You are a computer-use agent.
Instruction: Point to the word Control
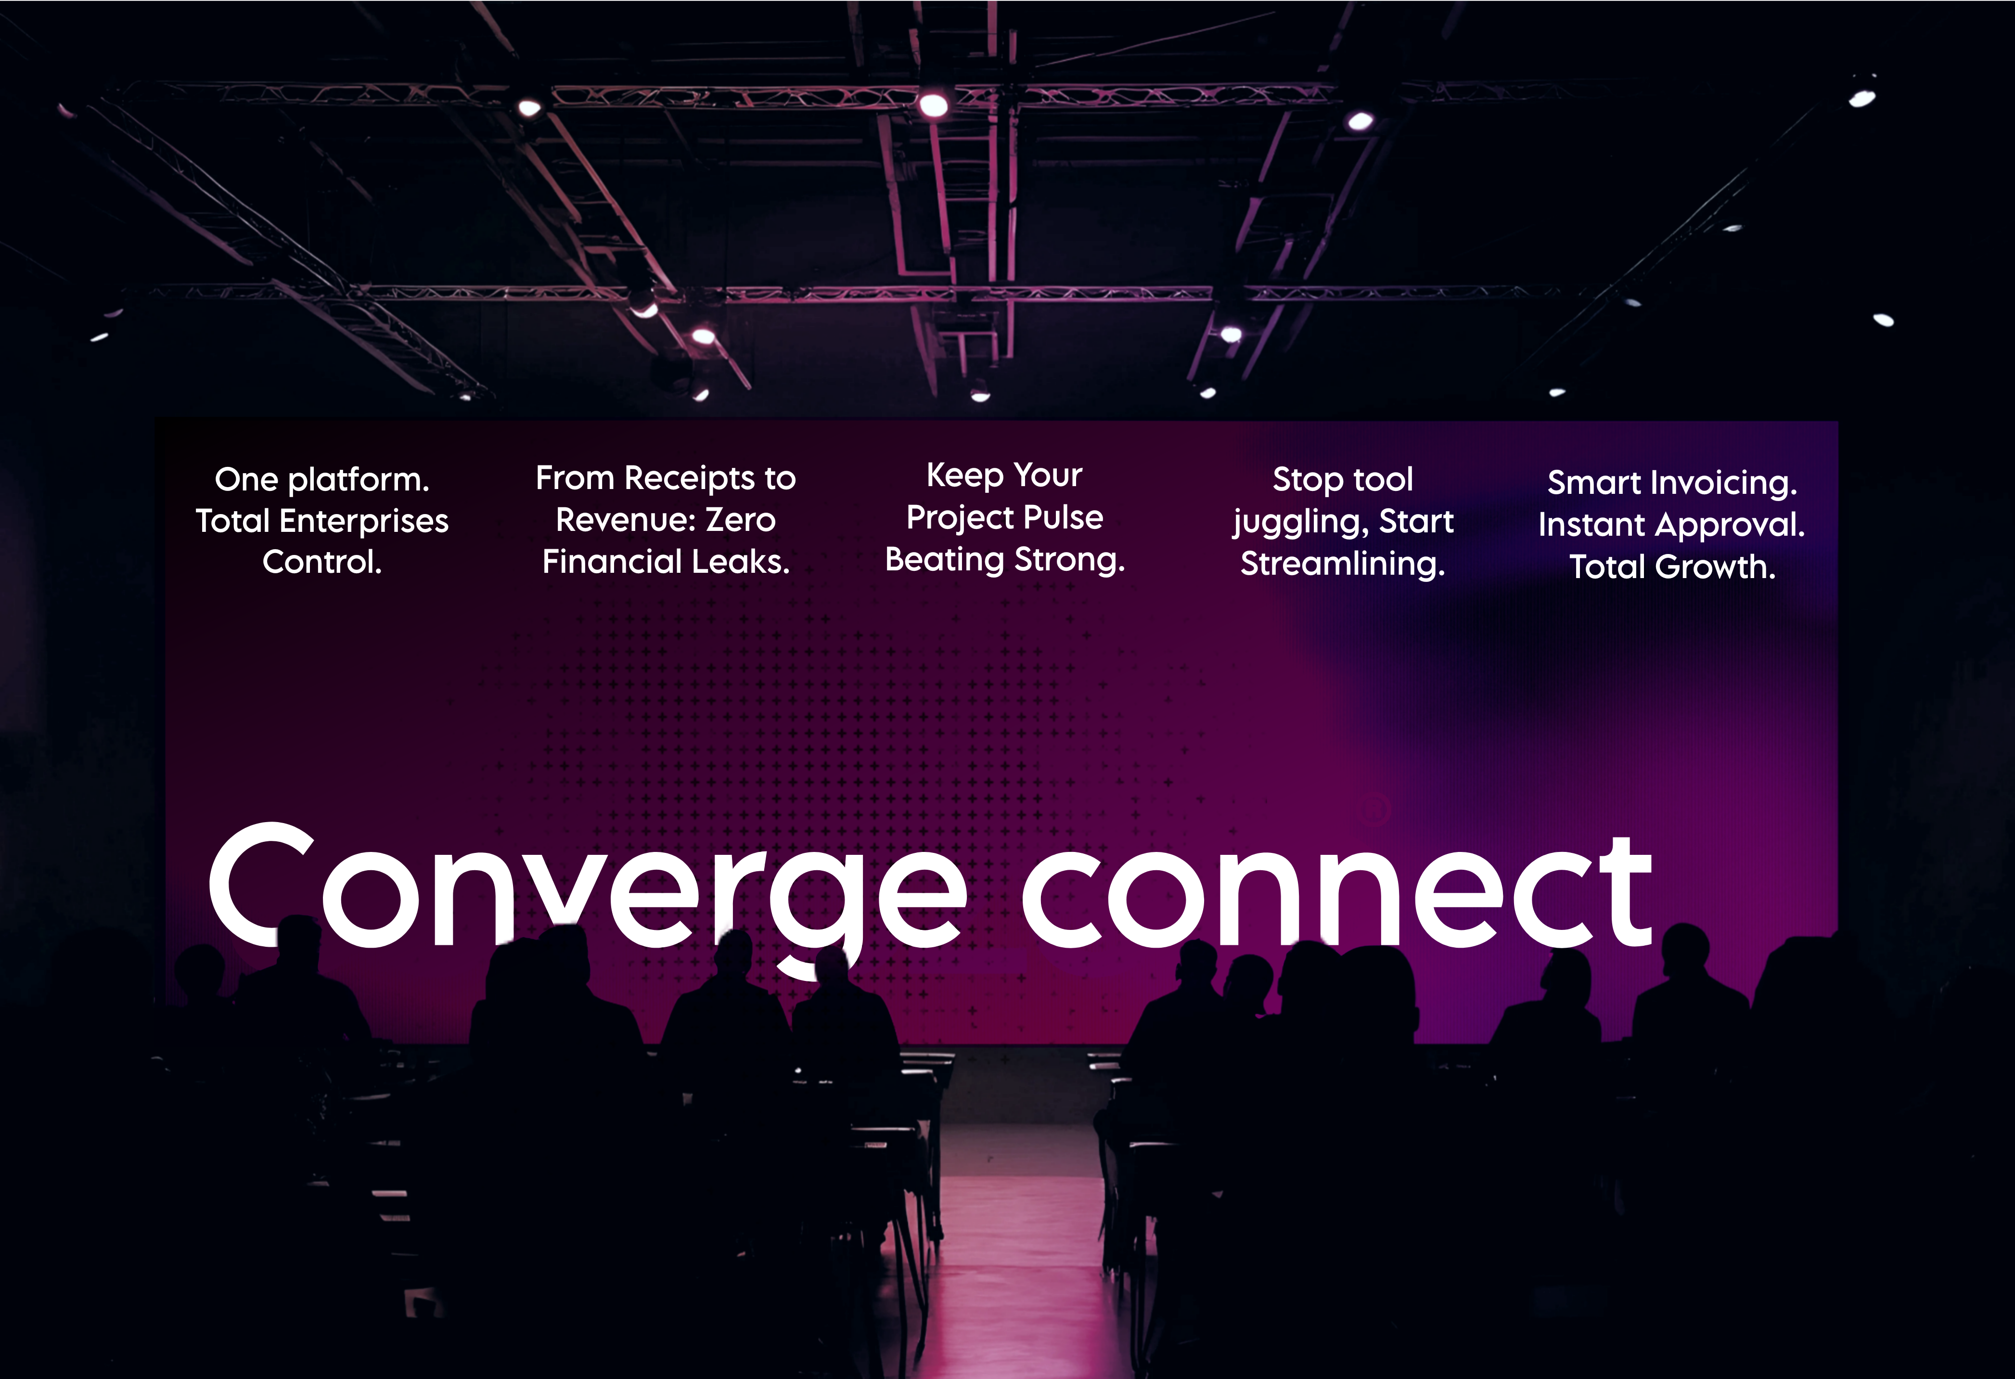point(322,562)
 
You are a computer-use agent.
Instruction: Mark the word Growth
point(1715,567)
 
